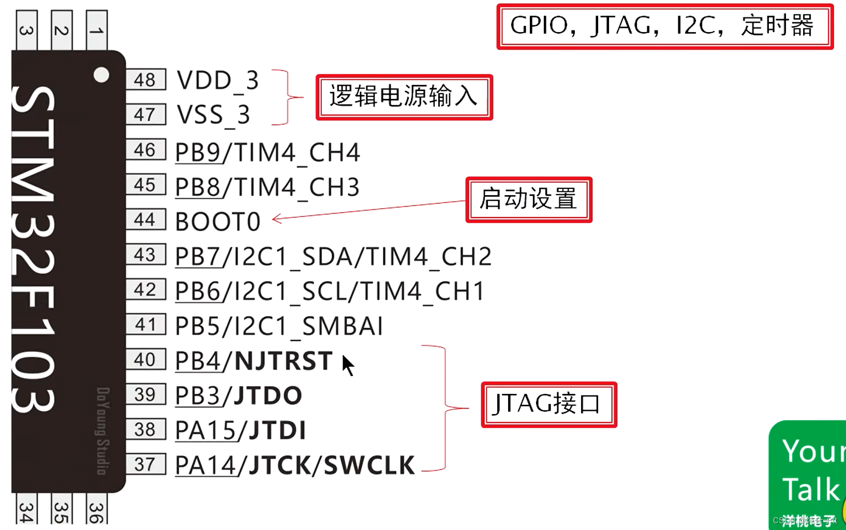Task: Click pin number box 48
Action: [x=145, y=80]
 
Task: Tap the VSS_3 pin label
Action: [x=213, y=115]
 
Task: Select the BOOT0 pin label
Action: [x=218, y=222]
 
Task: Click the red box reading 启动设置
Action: [x=528, y=200]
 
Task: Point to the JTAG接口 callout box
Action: [x=548, y=405]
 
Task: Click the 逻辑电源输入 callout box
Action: [x=404, y=97]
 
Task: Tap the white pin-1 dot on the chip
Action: [x=101, y=75]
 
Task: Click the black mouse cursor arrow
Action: [x=348, y=365]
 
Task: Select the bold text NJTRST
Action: [x=284, y=361]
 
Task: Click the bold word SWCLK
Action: [x=369, y=465]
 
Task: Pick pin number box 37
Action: [x=145, y=464]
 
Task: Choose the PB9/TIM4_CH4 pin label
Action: [x=267, y=153]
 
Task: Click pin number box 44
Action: [x=145, y=219]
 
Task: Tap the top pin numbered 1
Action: [x=96, y=31]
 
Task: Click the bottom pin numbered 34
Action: [x=27, y=511]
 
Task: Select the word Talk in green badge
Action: [x=810, y=490]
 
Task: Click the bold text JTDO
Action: [x=268, y=395]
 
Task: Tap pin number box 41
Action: [x=145, y=325]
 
